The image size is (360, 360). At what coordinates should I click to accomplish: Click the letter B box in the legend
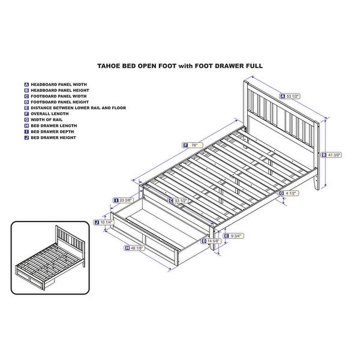click(x=26, y=90)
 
